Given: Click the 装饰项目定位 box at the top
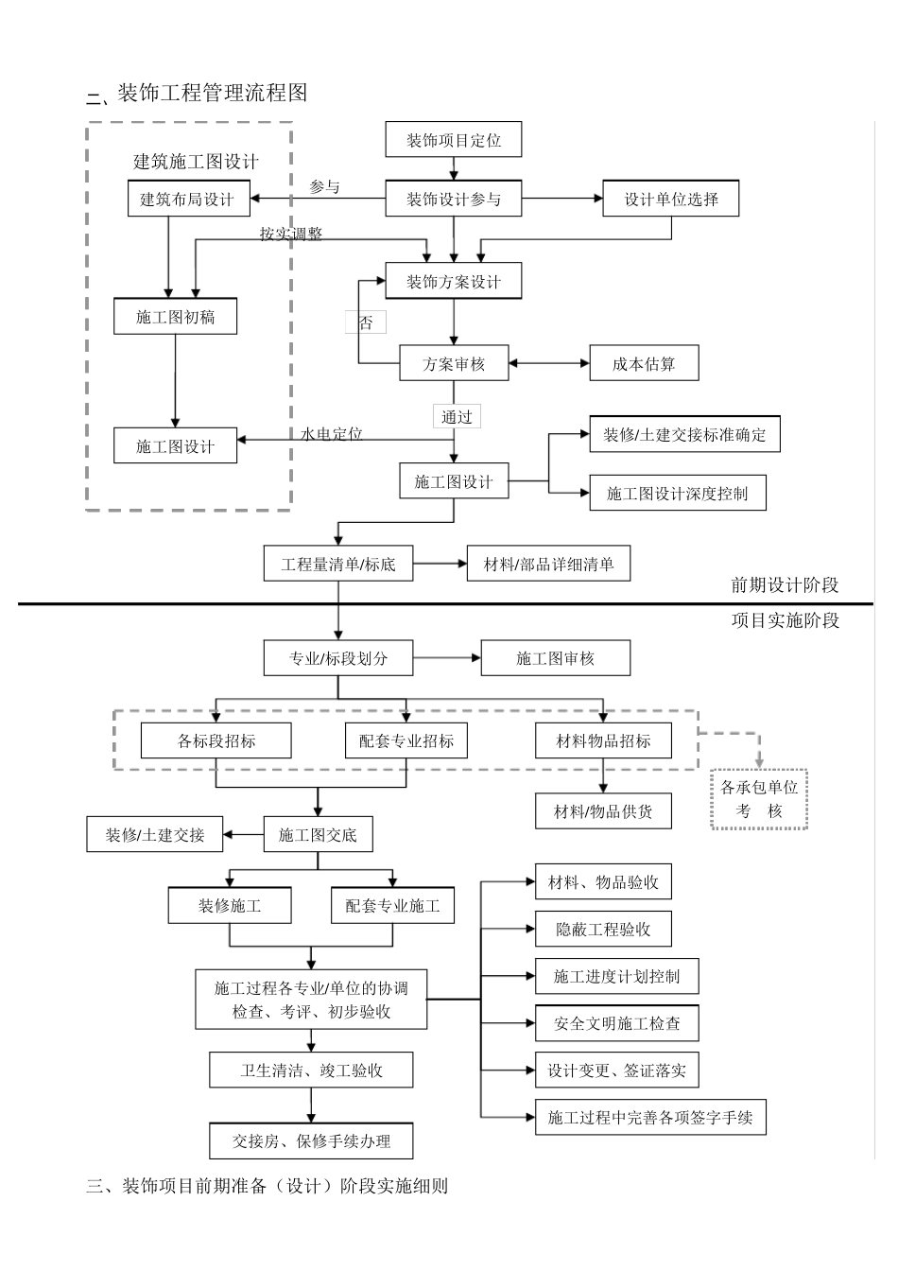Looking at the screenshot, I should click(x=454, y=140).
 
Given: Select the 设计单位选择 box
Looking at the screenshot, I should click(x=670, y=199).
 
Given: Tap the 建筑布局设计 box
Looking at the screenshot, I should click(x=186, y=199).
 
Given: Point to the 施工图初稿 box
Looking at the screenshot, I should click(x=175, y=317).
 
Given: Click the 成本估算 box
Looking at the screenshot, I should click(x=644, y=364).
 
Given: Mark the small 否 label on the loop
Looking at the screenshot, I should click(x=366, y=323).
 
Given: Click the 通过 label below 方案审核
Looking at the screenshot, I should click(x=457, y=416).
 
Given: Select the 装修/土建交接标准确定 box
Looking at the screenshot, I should click(x=684, y=435).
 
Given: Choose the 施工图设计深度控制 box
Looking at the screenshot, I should click(x=677, y=493).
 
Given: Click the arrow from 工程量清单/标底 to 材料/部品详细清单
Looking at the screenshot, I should click(x=440, y=565).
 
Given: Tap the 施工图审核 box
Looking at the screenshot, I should click(x=555, y=658).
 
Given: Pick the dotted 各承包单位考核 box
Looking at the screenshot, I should click(x=759, y=799).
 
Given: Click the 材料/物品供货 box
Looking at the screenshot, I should click(x=603, y=811).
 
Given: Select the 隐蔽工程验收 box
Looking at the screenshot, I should click(x=603, y=930).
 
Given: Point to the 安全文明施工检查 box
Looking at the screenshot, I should click(x=616, y=1023).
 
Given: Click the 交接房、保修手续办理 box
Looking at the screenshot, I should click(x=311, y=1140).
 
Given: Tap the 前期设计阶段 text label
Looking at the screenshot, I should click(x=785, y=585).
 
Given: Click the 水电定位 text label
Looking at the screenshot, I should click(x=331, y=433).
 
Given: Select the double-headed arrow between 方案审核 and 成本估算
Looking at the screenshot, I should click(x=549, y=363).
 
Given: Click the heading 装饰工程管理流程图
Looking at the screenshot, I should click(x=212, y=93).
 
